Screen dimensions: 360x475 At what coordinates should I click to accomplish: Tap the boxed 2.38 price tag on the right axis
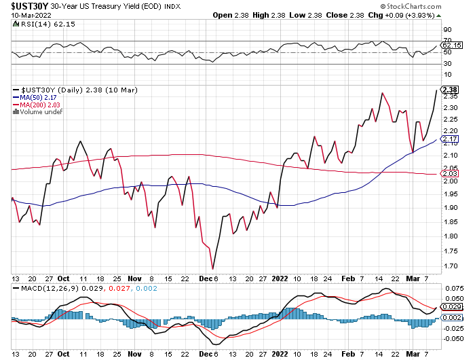[449, 90]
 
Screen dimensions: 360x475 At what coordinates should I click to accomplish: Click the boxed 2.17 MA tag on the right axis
[449, 139]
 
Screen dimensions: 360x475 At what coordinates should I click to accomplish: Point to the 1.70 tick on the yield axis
[449, 266]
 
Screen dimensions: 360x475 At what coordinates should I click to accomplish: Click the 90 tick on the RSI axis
[446, 30]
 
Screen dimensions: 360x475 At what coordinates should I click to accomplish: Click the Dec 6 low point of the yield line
[212, 269]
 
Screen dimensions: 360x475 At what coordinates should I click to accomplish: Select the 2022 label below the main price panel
[280, 278]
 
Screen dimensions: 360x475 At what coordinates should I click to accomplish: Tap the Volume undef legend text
[39, 112]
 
